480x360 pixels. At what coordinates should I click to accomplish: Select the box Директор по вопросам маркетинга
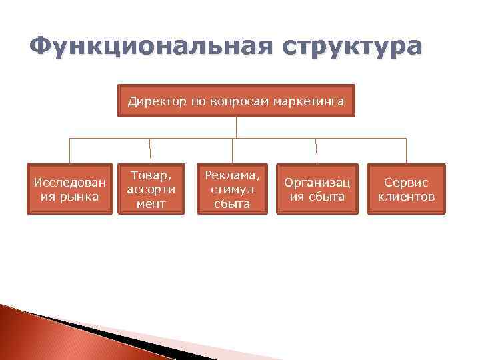click(x=236, y=101)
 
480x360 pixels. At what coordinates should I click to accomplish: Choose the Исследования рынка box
click(x=70, y=189)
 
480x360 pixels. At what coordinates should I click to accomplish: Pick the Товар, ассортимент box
click(x=151, y=189)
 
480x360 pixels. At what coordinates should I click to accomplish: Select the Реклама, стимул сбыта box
click(x=232, y=189)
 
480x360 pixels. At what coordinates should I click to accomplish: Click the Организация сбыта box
click(x=317, y=189)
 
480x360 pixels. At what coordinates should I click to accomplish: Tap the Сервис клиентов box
click(x=406, y=189)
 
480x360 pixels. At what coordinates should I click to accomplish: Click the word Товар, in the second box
click(x=151, y=175)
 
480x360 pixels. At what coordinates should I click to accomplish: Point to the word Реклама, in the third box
click(x=232, y=175)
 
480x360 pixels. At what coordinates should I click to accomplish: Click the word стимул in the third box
click(x=232, y=189)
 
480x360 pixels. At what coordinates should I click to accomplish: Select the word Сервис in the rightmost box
click(x=406, y=182)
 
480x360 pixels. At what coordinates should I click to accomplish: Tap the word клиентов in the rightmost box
click(x=406, y=197)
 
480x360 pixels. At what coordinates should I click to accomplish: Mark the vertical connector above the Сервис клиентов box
click(x=406, y=151)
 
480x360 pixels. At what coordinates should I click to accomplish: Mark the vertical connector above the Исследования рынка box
click(x=70, y=151)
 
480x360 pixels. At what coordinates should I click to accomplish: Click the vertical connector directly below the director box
click(x=236, y=127)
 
